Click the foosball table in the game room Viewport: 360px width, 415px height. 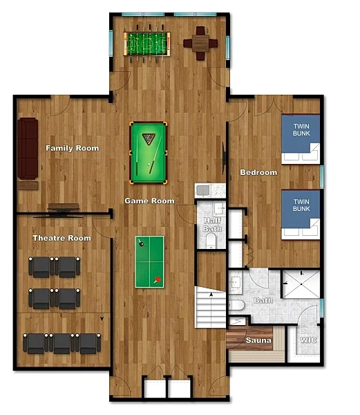pyautogui.click(x=146, y=44)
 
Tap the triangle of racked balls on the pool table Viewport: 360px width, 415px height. pyautogui.click(x=149, y=139)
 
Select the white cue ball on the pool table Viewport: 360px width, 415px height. pyautogui.click(x=149, y=164)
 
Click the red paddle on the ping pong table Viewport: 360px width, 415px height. pyautogui.click(x=158, y=279)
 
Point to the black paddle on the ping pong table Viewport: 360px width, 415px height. pyautogui.click(x=141, y=243)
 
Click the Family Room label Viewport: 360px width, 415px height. pyautogui.click(x=73, y=148)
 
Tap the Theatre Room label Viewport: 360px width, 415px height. pyautogui.click(x=62, y=238)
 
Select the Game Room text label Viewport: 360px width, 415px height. pyautogui.click(x=150, y=201)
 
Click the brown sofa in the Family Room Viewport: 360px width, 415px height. pyautogui.click(x=28, y=149)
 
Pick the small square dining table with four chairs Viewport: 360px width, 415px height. pyautogui.click(x=200, y=44)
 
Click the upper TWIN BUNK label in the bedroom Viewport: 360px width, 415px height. pyautogui.click(x=301, y=130)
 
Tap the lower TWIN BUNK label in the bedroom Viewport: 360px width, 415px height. pyautogui.click(x=301, y=205)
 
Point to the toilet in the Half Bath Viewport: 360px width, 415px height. pyautogui.click(x=211, y=241)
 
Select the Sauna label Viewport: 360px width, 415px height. pyautogui.click(x=258, y=340)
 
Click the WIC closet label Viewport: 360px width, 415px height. pyautogui.click(x=308, y=340)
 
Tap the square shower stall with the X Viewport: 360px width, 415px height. pyautogui.click(x=301, y=284)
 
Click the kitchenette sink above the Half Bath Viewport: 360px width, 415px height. pyautogui.click(x=203, y=190)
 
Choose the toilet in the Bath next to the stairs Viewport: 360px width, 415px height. pyautogui.click(x=236, y=305)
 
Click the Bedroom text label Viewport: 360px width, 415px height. pyautogui.click(x=258, y=172)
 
